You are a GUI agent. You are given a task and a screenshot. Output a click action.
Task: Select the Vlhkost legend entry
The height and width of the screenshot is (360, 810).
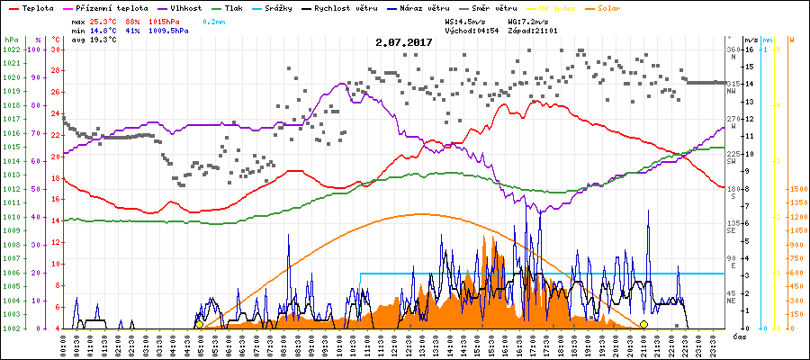click(184, 7)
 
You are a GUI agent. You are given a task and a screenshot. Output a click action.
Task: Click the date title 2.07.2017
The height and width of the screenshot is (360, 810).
click(404, 42)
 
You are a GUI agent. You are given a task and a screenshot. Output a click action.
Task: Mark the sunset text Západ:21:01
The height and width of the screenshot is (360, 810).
click(533, 30)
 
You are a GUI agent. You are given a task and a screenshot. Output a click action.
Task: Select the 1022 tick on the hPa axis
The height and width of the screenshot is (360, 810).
click(12, 49)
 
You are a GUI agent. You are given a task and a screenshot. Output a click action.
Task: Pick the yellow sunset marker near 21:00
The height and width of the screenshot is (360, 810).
click(643, 324)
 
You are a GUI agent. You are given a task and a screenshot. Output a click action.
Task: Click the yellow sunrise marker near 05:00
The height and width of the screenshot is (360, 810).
click(199, 324)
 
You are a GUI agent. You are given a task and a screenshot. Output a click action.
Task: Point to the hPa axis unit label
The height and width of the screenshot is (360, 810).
click(11, 40)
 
